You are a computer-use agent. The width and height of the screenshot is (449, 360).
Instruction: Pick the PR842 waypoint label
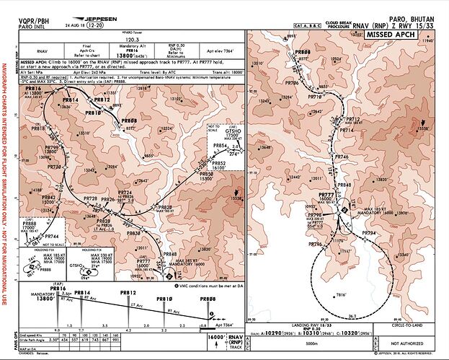click(x=49, y=197)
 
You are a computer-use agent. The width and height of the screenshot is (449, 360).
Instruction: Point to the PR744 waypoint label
click(x=50, y=237)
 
